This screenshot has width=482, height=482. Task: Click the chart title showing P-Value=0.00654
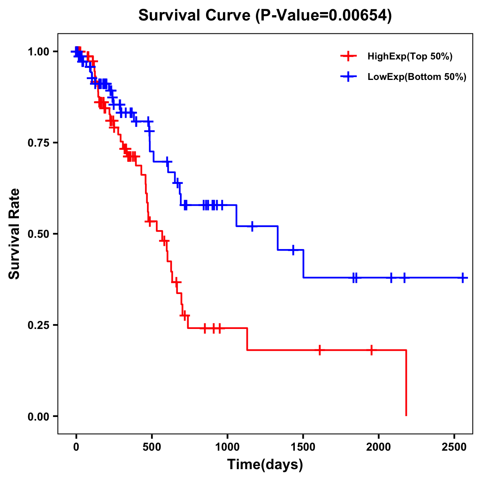pyautogui.click(x=265, y=15)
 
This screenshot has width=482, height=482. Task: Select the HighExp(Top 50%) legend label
pyautogui.click(x=410, y=57)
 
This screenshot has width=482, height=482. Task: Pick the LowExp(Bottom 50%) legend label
pyautogui.click(x=417, y=77)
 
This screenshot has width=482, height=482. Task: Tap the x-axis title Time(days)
pyautogui.click(x=265, y=465)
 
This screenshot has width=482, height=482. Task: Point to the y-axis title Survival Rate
pyautogui.click(x=14, y=233)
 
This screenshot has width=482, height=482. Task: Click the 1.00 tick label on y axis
pyautogui.click(x=38, y=52)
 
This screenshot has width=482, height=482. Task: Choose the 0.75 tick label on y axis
pyautogui.click(x=38, y=143)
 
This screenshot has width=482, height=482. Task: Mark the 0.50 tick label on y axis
pyautogui.click(x=38, y=234)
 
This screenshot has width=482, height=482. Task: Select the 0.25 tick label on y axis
pyautogui.click(x=38, y=325)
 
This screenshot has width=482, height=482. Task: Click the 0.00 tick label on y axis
pyautogui.click(x=38, y=416)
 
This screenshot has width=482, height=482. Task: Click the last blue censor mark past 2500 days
pyautogui.click(x=463, y=278)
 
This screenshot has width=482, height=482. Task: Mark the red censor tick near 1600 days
pyautogui.click(x=320, y=350)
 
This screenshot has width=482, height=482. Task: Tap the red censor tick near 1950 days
pyautogui.click(x=372, y=350)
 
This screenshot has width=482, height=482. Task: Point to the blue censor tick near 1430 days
pyautogui.click(x=293, y=250)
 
